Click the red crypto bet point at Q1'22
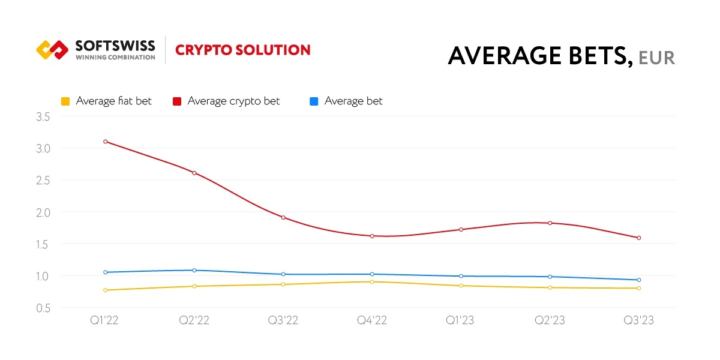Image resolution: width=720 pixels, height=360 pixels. pyautogui.click(x=106, y=142)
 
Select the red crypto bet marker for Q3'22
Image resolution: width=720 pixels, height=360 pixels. pyautogui.click(x=283, y=217)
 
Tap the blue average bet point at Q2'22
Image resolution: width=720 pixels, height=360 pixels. pyautogui.click(x=194, y=270)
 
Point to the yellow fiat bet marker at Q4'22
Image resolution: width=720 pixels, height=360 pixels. pyautogui.click(x=372, y=281)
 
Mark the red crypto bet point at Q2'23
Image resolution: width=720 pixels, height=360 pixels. pyautogui.click(x=550, y=223)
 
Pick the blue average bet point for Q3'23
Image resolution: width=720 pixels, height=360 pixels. pyautogui.click(x=639, y=280)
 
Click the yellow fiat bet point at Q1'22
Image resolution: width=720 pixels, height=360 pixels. pyautogui.click(x=106, y=290)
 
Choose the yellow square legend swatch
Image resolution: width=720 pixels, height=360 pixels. pyautogui.click(x=65, y=101)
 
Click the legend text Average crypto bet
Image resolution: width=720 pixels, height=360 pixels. pyautogui.click(x=233, y=101)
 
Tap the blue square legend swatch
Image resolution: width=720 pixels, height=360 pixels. pyautogui.click(x=314, y=101)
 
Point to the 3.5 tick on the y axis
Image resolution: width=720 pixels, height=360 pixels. pyautogui.click(x=43, y=116)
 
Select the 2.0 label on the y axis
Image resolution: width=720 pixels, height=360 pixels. pyautogui.click(x=43, y=212)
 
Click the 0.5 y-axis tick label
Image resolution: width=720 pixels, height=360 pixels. pyautogui.click(x=43, y=308)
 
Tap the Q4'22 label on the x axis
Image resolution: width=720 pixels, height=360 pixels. pyautogui.click(x=372, y=320)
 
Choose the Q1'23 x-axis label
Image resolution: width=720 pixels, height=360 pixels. pyautogui.click(x=461, y=320)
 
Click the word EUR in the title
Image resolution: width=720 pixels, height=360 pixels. pyautogui.click(x=656, y=58)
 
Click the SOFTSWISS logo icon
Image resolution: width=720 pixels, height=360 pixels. pyautogui.click(x=52, y=50)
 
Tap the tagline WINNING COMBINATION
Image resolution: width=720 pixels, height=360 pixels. pyautogui.click(x=115, y=58)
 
